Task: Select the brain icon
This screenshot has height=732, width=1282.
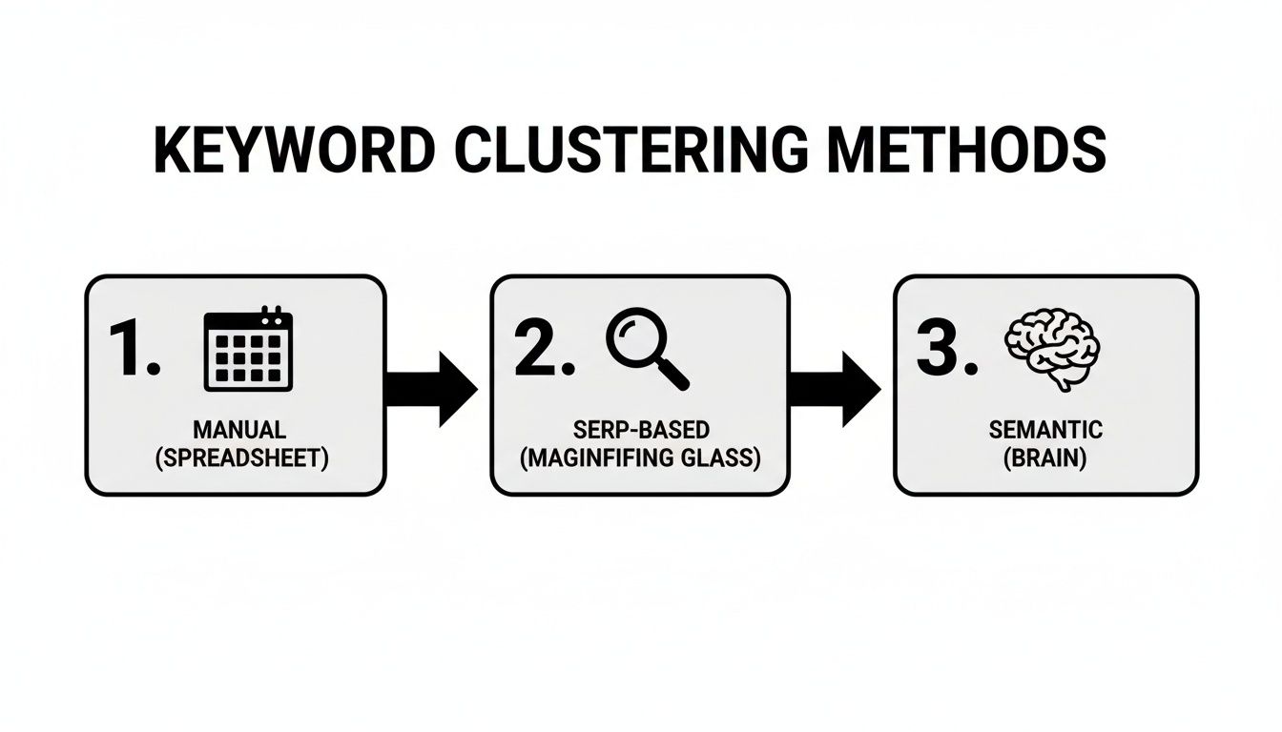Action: pyautogui.click(x=1054, y=347)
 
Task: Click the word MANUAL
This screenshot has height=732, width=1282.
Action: pyautogui.click(x=239, y=430)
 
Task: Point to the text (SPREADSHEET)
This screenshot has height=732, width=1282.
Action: pyautogui.click(x=241, y=457)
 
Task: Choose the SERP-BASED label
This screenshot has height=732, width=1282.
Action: pyautogui.click(x=641, y=430)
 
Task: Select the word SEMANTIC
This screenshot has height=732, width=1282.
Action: pyautogui.click(x=1046, y=430)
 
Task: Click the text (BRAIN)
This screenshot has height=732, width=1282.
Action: pyautogui.click(x=1045, y=457)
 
